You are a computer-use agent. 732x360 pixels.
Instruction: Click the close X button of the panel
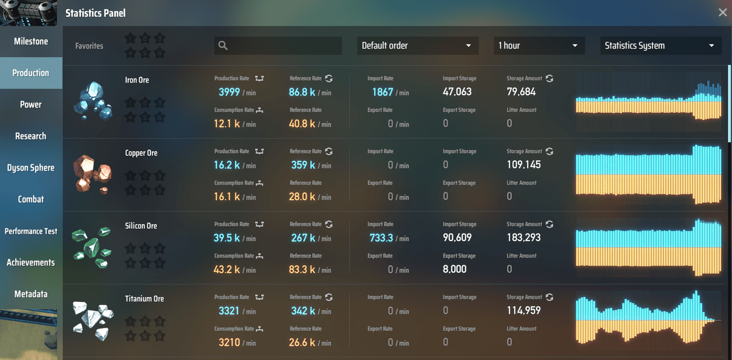(722, 12)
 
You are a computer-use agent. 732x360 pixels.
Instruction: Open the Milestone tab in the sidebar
(31, 42)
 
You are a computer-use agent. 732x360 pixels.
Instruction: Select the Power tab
(31, 105)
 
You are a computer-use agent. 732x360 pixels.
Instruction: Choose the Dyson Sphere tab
(31, 168)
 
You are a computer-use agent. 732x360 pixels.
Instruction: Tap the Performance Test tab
(31, 231)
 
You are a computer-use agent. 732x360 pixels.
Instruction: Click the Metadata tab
(31, 294)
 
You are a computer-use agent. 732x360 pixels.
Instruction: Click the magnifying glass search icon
(223, 45)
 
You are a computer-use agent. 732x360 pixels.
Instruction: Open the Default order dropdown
(418, 45)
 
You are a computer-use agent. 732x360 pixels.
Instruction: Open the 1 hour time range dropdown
(539, 45)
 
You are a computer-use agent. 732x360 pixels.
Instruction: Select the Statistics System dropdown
(661, 45)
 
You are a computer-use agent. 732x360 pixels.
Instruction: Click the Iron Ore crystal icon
(93, 101)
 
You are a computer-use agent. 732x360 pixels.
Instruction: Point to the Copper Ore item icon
(93, 174)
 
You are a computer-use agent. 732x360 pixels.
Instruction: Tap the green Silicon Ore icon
(92, 247)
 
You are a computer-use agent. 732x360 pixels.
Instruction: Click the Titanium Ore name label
(145, 299)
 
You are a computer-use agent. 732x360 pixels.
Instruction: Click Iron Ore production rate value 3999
(229, 92)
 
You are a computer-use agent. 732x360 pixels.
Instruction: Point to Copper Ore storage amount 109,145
(523, 165)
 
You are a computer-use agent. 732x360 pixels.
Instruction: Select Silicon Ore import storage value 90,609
(457, 237)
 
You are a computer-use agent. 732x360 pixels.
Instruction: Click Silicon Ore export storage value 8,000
(455, 269)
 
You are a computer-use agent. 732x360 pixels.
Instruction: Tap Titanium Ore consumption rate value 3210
(229, 342)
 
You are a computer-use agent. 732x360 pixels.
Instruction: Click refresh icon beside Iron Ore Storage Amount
(549, 78)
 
